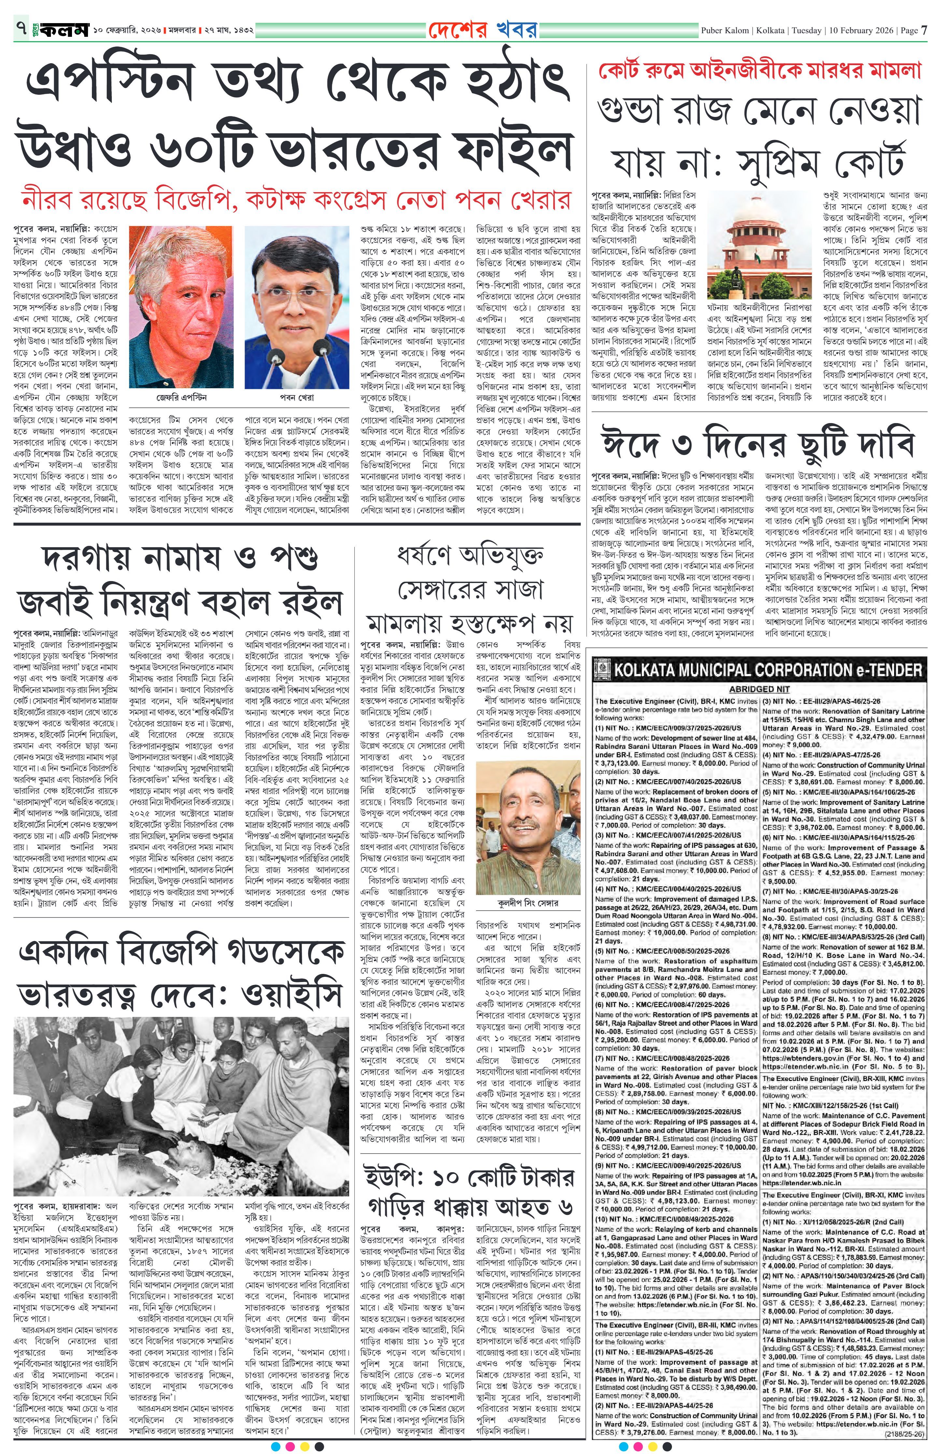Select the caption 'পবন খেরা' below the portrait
297,397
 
